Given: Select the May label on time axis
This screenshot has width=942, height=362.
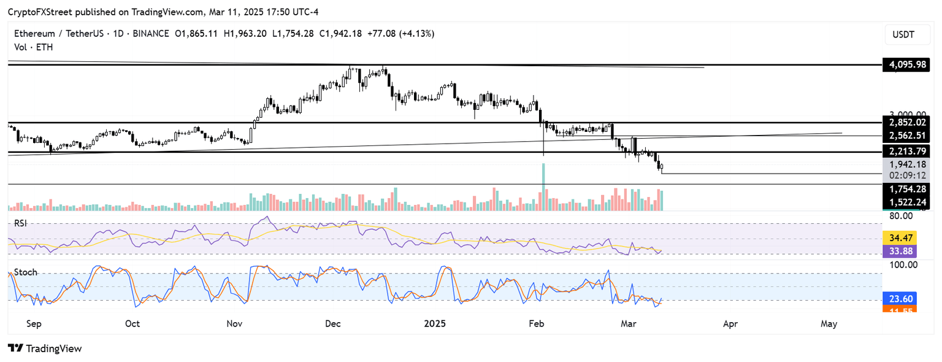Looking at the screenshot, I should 829,323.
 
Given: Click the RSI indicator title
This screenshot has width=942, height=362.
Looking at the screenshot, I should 21,223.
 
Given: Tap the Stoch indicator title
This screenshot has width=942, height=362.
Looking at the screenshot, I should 25,272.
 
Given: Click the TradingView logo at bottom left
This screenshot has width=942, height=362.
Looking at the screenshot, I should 45,349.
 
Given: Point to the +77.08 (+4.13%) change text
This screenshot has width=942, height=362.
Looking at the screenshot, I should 404,33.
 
